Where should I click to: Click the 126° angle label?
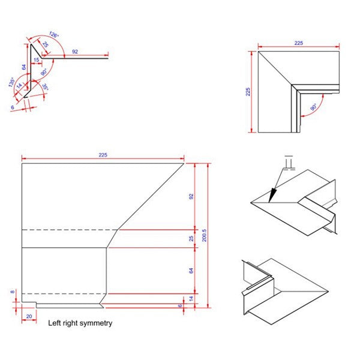pos(54,35)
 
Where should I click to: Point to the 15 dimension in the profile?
pos(36,60)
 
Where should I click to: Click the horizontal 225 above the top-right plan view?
pos(298,43)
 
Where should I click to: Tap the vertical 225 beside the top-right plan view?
pos(248,92)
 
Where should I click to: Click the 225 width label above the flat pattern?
pos(103,155)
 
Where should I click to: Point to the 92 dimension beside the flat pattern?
pos(191,196)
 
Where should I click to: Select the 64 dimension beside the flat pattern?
pos(191,271)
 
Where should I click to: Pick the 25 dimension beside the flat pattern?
pos(191,239)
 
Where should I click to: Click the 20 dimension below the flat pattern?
pos(29,315)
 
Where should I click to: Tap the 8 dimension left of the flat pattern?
pos(12,293)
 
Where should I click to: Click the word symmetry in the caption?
pos(96,323)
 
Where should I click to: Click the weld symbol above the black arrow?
pos(289,163)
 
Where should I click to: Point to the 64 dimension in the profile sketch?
pos(23,67)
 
